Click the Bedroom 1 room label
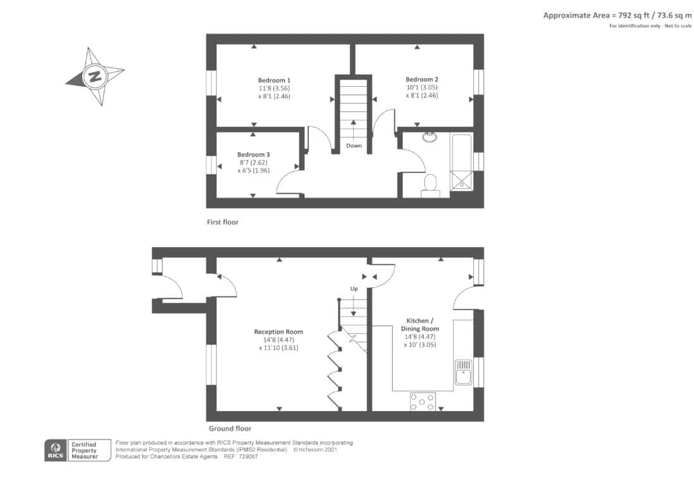point(275,80)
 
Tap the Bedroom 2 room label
point(422,79)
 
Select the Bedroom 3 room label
point(253,155)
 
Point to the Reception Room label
point(278,332)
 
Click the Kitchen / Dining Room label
point(419,324)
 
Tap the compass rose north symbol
point(95,76)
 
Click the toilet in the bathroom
point(430,186)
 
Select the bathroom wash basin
point(430,137)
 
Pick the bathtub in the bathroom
point(462,162)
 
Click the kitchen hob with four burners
point(422,402)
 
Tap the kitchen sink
point(463,372)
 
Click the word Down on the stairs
point(354,146)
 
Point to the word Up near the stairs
point(354,289)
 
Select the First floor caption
point(223,222)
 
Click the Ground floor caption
point(230,429)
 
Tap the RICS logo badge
point(56,450)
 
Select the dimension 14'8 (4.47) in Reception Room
point(278,340)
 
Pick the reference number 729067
point(247,457)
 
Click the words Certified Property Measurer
point(85,450)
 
